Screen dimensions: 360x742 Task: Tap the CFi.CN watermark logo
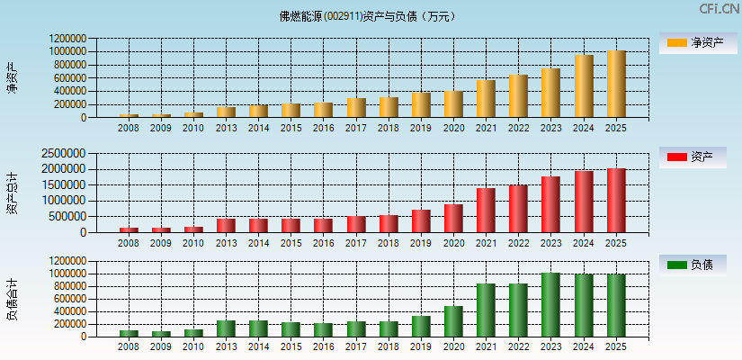pos(719,9)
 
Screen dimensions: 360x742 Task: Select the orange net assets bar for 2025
pos(616,84)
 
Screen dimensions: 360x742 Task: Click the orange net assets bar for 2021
pos(486,99)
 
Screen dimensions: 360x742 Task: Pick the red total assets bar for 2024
pos(584,202)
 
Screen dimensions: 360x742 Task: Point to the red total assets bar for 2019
pos(421,220)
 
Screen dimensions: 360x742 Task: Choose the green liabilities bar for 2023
pos(550,304)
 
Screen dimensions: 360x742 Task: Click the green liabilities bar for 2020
pos(453,321)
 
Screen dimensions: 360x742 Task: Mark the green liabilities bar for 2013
pos(226,328)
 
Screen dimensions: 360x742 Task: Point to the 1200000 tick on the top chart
pos(68,40)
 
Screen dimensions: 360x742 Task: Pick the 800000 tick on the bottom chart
pos(71,286)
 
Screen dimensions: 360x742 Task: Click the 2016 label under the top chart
pos(323,128)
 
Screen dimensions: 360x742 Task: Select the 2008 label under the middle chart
pos(129,243)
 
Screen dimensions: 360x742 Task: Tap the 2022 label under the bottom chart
pos(518,347)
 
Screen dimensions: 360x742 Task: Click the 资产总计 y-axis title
pos(12,193)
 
